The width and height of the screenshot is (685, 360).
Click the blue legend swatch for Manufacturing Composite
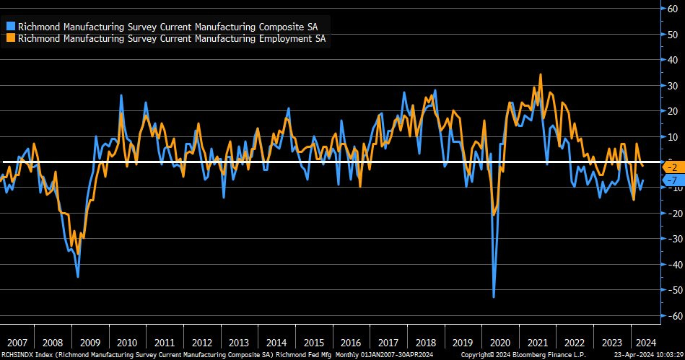pyautogui.click(x=10, y=25)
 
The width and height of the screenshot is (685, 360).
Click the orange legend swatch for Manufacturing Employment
pyautogui.click(x=10, y=38)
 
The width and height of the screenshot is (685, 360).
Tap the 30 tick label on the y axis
pyautogui.click(x=673, y=85)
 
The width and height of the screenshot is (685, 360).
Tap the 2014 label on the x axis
pyautogui.click(x=276, y=343)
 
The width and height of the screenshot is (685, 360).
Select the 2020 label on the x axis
pyautogui.click(x=499, y=343)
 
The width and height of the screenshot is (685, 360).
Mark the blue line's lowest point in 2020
pyautogui.click(x=494, y=297)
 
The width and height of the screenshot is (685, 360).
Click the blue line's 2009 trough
pyautogui.click(x=78, y=276)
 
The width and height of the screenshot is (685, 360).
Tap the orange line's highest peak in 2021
pyautogui.click(x=540, y=74)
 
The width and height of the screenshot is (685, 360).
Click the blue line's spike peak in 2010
pyautogui.click(x=121, y=95)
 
